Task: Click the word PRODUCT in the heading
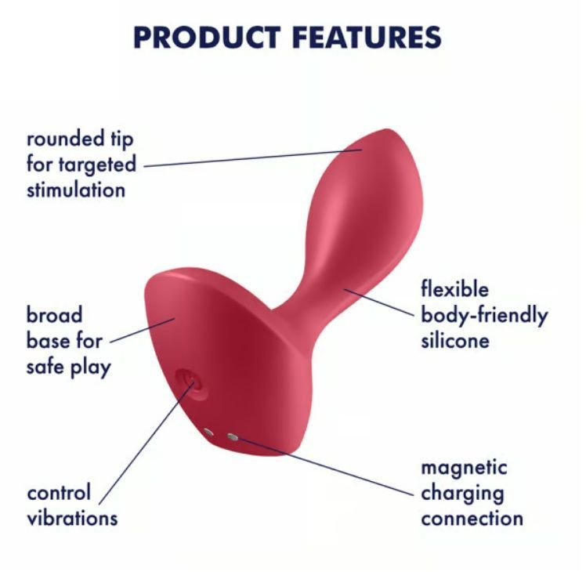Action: (207, 38)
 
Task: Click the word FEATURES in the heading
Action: (367, 38)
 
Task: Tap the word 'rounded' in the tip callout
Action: (65, 139)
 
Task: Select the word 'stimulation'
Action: (76, 190)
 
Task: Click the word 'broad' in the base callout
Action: (55, 315)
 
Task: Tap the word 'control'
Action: (59, 493)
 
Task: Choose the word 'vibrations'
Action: (73, 519)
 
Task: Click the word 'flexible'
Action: (455, 289)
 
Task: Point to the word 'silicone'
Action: (455, 341)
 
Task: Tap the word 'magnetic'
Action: (464, 468)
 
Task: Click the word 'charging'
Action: (463, 494)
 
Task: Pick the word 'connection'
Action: (472, 519)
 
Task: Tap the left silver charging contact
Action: (208, 433)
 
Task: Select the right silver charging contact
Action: (233, 436)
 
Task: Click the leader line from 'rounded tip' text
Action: (253, 157)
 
